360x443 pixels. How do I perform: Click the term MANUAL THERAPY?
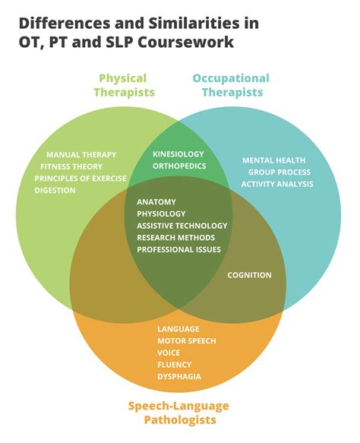point(81,154)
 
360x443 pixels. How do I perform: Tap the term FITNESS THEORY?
point(71,166)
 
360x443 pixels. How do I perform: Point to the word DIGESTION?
point(55,190)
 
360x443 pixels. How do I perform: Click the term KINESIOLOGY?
point(178,153)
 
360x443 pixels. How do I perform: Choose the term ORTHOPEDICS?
point(179,166)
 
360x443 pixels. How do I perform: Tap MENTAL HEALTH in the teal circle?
point(273,160)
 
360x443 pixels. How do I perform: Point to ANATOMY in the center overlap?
point(156,201)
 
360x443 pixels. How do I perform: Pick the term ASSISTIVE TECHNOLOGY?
point(182,226)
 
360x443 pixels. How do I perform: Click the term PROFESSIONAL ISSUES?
point(178,249)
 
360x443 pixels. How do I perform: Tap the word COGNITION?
point(249,275)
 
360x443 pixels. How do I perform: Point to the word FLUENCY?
point(174,364)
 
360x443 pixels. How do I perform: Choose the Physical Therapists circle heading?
point(125,84)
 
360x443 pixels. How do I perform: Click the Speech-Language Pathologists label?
point(178,412)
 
